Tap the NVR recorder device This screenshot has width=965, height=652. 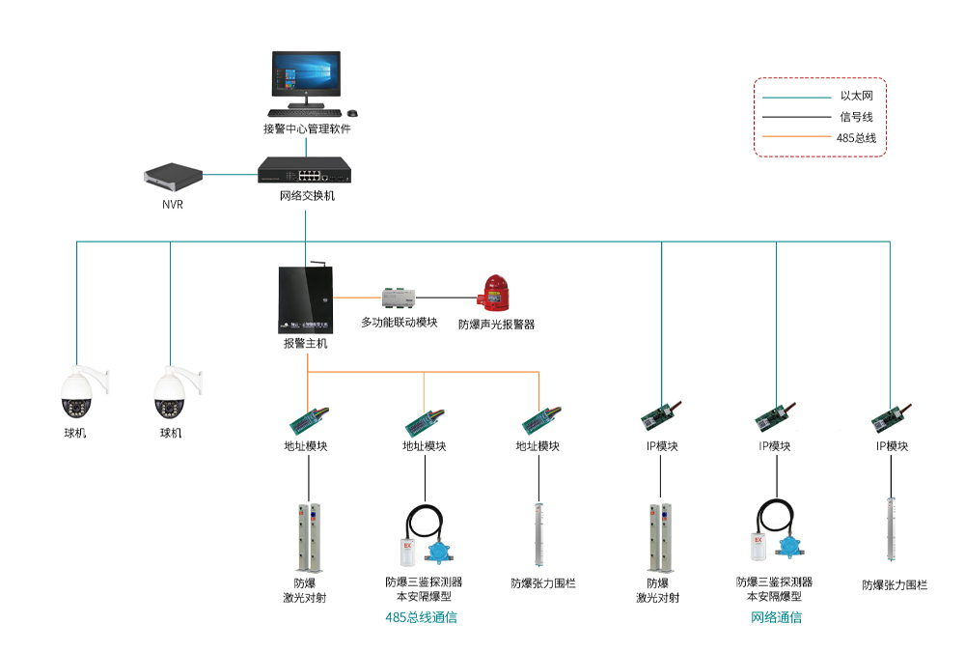[174, 176]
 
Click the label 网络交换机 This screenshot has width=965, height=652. [307, 196]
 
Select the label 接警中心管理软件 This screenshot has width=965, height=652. [307, 128]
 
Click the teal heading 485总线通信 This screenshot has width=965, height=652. [422, 617]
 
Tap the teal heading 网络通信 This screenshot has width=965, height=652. [776, 617]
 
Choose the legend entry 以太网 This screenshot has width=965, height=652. [856, 96]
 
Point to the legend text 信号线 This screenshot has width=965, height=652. [856, 117]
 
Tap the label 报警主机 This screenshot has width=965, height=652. [305, 343]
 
